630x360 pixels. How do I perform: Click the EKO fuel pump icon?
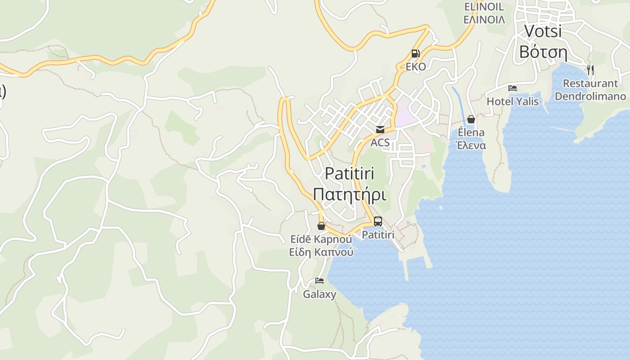[415, 54]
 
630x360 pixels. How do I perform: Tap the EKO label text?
[415, 67]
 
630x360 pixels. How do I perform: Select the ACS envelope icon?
[380, 130]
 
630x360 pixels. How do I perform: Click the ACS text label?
[380, 143]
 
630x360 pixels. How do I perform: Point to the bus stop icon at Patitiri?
[378, 221]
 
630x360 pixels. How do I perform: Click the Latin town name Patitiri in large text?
[350, 173]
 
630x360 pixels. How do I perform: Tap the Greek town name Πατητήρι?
[350, 194]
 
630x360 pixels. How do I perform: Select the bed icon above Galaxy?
[319, 281]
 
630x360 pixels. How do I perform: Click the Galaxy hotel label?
[319, 295]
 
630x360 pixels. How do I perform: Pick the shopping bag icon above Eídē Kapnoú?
[321, 226]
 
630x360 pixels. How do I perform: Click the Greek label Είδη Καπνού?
[321, 252]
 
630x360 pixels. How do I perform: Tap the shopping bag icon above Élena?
[471, 119]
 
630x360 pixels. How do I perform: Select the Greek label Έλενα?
[471, 145]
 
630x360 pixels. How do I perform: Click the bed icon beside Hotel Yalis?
[513, 88]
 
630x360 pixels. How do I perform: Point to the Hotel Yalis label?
[513, 101]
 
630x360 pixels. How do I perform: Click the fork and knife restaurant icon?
[590, 70]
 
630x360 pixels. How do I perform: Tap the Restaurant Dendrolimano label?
[590, 90]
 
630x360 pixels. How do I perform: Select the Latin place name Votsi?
[543, 31]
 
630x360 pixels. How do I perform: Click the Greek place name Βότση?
[543, 52]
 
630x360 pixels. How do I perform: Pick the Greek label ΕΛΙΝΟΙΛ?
[484, 20]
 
